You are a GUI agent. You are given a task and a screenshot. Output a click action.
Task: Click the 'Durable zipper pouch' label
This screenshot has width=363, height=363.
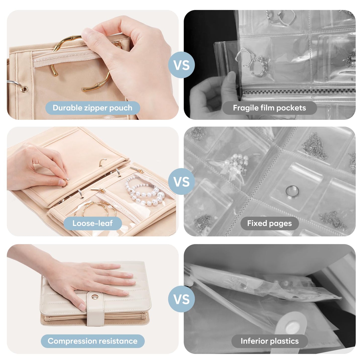point(92,108)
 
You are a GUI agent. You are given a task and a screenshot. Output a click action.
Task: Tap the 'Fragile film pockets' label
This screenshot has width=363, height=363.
point(270,108)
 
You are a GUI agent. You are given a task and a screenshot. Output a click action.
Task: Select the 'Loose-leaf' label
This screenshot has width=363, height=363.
point(92,223)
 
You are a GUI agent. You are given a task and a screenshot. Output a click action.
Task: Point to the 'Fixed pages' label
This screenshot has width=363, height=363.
point(270,223)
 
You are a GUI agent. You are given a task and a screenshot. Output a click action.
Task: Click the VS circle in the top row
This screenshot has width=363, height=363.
point(181,65)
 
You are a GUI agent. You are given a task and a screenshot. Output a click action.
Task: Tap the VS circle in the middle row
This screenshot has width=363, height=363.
point(181,181)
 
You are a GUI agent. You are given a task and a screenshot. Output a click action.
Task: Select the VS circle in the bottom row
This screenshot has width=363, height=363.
point(181,299)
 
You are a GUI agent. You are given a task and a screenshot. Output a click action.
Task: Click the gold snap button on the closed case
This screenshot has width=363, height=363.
point(94,297)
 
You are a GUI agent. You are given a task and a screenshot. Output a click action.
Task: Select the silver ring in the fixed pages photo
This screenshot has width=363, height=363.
point(292,191)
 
